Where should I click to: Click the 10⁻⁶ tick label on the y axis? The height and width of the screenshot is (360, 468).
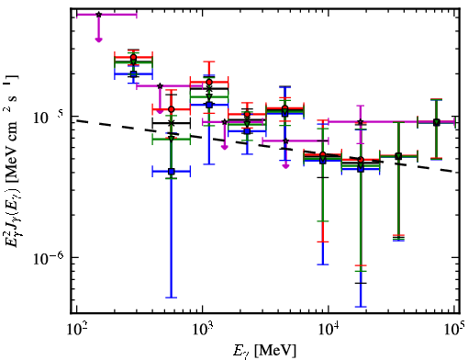(x=49, y=258)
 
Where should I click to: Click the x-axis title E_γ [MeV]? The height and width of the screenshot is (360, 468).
(x=264, y=351)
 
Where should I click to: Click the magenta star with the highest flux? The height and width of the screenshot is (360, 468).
(x=98, y=15)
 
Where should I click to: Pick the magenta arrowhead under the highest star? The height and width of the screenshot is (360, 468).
(x=98, y=39)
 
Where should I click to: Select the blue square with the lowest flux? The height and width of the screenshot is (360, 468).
(x=172, y=172)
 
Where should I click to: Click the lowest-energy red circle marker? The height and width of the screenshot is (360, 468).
(x=133, y=57)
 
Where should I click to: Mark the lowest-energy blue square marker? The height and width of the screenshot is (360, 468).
(x=133, y=73)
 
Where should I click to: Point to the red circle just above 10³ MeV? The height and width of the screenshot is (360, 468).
(x=209, y=82)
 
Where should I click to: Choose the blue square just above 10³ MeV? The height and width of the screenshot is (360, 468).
(x=209, y=105)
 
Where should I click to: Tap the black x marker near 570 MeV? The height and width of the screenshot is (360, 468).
(x=172, y=123)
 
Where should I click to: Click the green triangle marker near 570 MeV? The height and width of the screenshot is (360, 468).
(x=172, y=139)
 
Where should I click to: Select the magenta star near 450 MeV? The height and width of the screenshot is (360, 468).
(x=160, y=86)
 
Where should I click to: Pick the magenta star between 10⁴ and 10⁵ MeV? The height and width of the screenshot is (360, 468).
(x=361, y=122)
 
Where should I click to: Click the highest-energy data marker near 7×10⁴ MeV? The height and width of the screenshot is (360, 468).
(x=437, y=122)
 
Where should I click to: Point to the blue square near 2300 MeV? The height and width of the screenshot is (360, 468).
(x=247, y=131)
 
